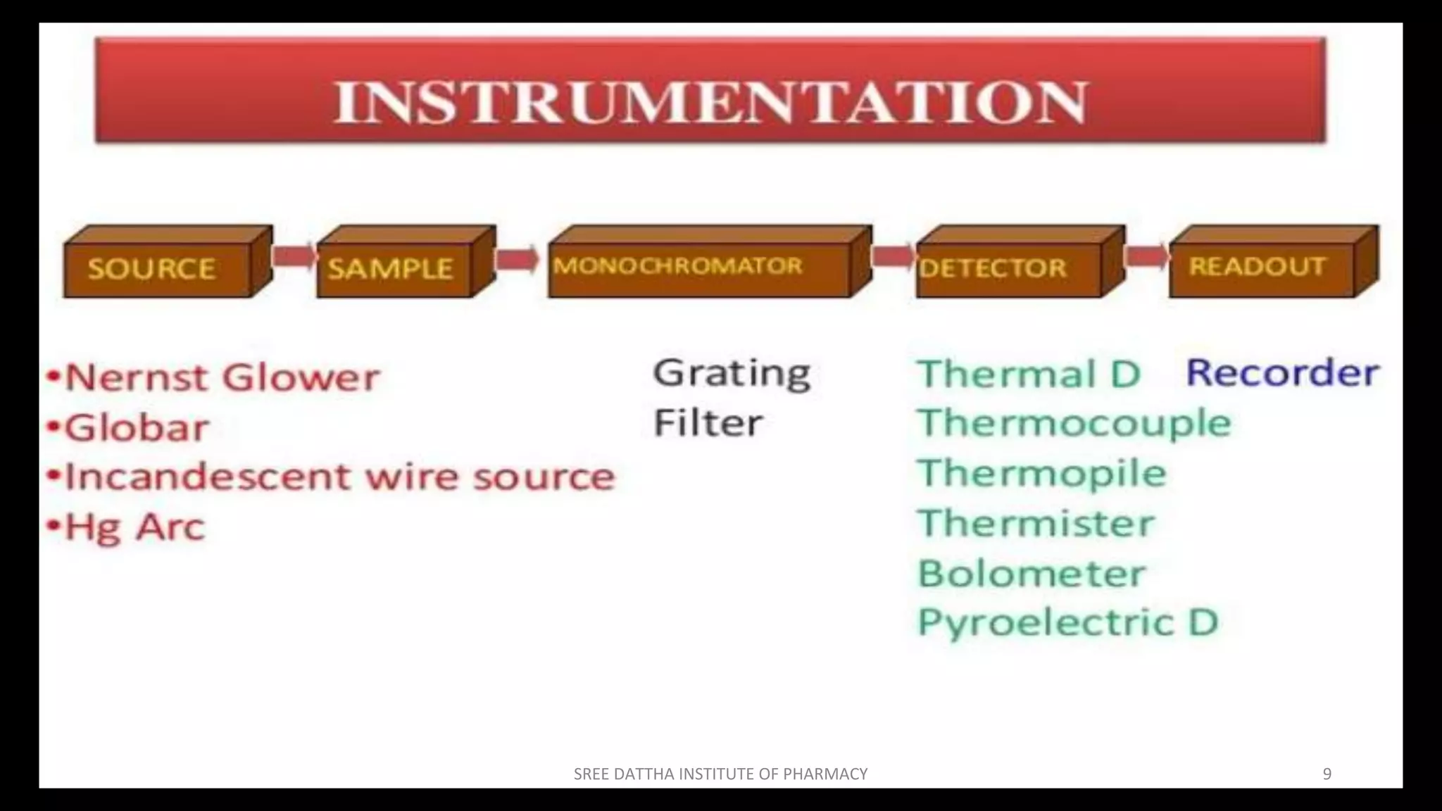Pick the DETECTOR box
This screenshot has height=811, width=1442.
1008,268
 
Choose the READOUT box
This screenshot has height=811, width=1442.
1260,268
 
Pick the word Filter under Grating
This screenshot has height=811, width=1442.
708,423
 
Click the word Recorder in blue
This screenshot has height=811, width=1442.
1281,372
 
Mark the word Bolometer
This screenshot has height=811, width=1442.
1032,573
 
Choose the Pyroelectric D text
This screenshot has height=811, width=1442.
1067,622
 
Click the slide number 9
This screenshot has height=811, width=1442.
1327,774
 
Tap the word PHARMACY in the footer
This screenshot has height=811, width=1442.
825,774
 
